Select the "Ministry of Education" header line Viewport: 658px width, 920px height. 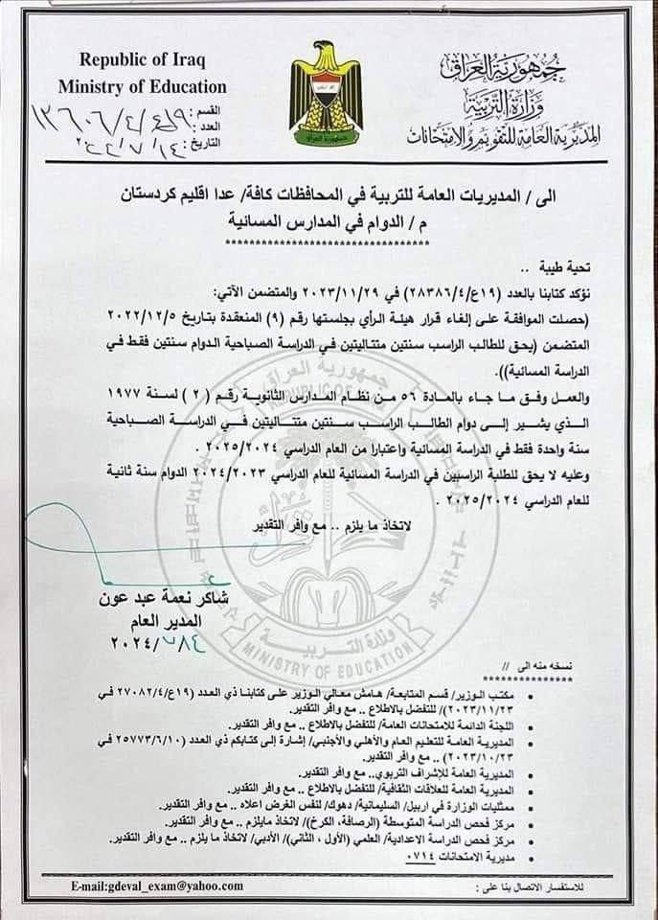[142, 87]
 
